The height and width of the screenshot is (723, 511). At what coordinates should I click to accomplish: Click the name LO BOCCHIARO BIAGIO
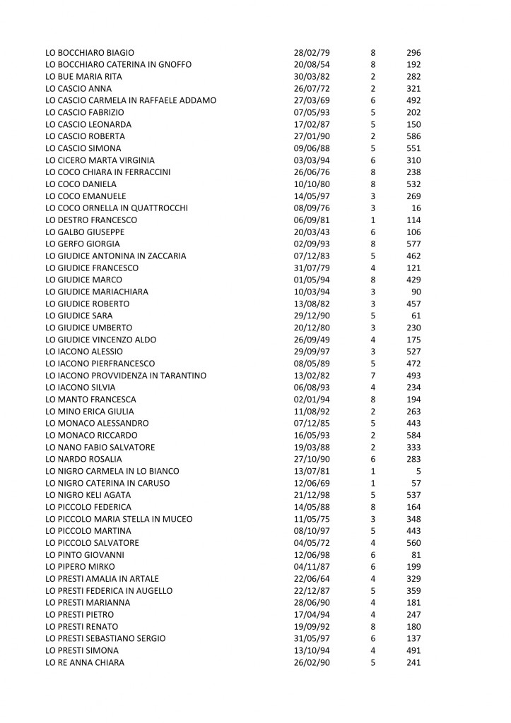(x=90, y=53)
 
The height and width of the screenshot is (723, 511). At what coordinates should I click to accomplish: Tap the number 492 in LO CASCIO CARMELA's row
(x=413, y=100)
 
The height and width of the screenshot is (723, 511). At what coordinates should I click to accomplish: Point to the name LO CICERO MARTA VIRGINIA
(x=100, y=160)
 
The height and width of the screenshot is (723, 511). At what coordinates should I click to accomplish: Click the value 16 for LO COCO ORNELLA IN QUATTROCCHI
(x=416, y=208)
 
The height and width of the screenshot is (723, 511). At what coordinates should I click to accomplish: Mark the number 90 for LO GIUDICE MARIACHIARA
(x=416, y=292)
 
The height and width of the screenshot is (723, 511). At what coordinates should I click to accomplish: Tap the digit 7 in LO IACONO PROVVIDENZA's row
(x=372, y=376)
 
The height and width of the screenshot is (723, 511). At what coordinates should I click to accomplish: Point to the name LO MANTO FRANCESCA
(x=90, y=400)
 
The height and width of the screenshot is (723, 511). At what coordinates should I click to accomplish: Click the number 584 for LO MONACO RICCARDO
(x=413, y=435)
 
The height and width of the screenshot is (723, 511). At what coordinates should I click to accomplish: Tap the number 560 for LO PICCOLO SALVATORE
(x=413, y=543)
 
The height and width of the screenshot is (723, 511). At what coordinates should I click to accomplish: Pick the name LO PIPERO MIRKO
(x=80, y=567)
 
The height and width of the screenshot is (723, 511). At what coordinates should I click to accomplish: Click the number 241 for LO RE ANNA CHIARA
(x=413, y=662)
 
